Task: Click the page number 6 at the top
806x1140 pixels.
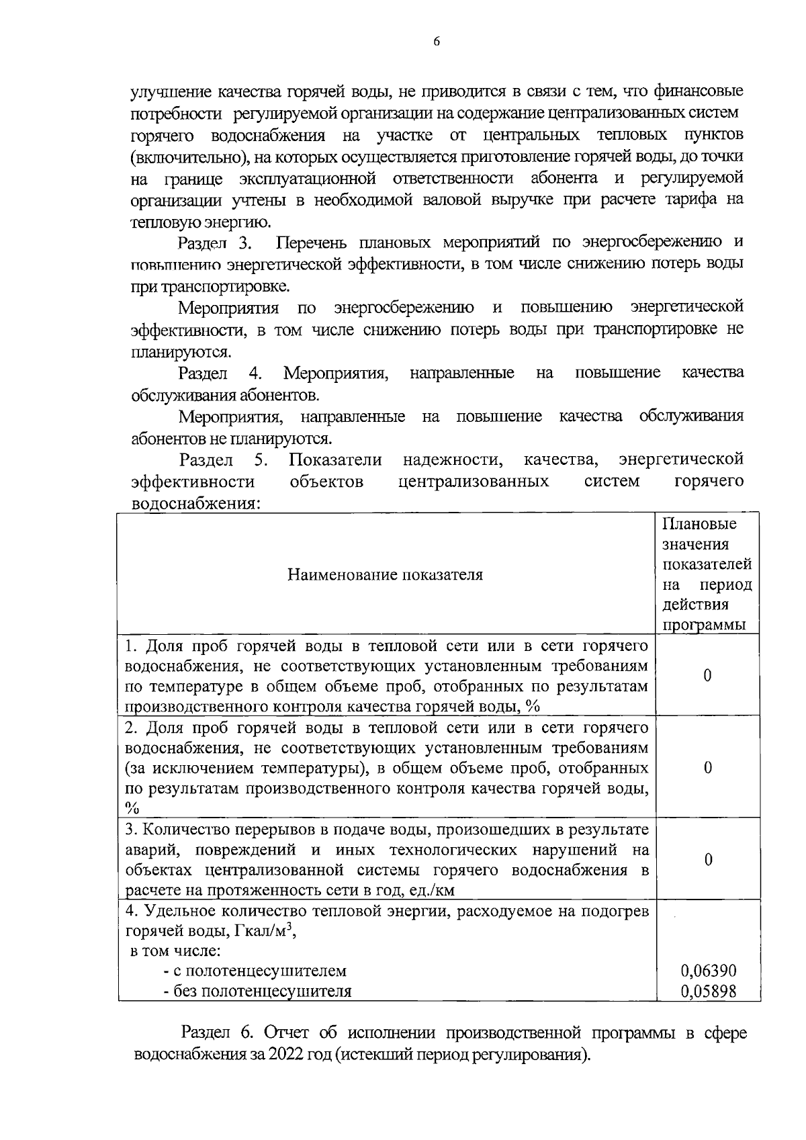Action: (436, 42)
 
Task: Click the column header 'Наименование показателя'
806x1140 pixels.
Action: (385, 575)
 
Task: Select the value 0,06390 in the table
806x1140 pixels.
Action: (708, 971)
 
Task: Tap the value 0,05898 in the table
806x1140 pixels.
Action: (708, 991)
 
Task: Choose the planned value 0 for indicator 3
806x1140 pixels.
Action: (707, 860)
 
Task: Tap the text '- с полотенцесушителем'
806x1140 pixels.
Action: (255, 971)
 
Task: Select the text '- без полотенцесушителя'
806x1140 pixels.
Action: (257, 991)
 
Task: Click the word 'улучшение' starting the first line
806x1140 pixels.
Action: (171, 91)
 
